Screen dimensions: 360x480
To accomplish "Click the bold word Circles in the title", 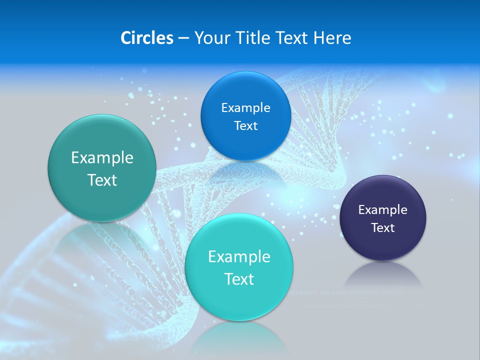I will (146, 38).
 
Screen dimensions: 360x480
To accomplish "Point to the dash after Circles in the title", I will (183, 38).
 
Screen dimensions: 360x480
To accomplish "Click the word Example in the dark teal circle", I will (102, 158).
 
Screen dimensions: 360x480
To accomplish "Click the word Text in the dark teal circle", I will (102, 180).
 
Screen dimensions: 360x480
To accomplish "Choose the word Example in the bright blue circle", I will (245, 108).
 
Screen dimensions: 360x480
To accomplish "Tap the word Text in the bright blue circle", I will (245, 126).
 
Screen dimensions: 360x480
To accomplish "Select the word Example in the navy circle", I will (383, 210).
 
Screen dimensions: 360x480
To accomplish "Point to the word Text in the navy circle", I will (383, 228).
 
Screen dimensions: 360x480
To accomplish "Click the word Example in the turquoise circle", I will (239, 257).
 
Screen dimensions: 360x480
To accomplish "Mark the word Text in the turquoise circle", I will (239, 279).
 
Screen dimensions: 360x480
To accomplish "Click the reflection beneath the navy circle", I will (383, 274).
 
